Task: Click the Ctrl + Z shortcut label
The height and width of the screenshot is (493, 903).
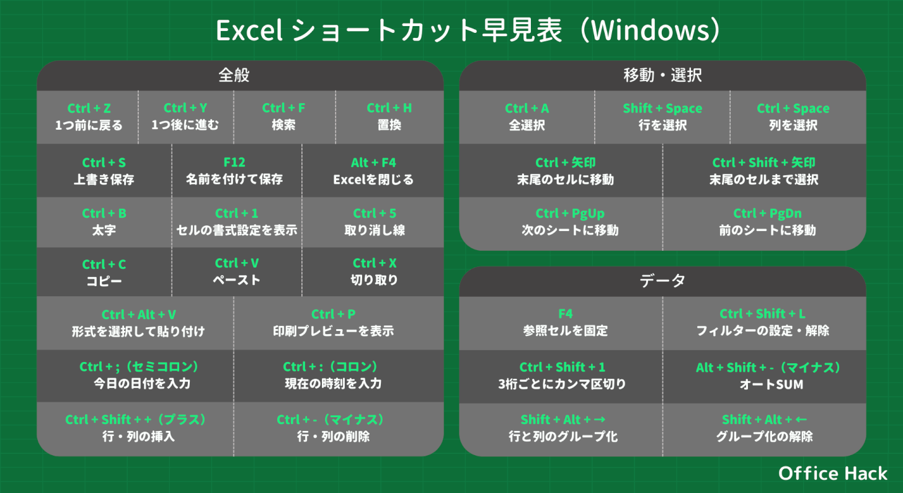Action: point(89,108)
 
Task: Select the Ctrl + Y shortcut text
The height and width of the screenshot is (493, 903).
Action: point(185,107)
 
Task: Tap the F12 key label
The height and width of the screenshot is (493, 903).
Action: point(234,162)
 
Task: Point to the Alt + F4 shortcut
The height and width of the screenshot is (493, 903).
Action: point(373,162)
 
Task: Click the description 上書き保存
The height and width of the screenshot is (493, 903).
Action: point(104,179)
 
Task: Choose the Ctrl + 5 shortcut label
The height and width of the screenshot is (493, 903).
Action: point(375,213)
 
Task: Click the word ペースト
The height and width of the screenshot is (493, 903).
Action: point(237,279)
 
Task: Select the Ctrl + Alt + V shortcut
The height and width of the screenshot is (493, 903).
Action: point(138,314)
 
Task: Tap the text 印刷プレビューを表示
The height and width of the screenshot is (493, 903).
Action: point(334,331)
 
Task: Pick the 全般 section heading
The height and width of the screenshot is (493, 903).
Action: point(234,75)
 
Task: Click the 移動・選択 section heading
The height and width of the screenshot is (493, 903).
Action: point(662,75)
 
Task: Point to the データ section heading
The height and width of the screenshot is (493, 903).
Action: point(662,281)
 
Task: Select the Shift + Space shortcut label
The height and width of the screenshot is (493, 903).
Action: point(662,108)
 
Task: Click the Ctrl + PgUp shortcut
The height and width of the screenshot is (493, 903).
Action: point(569,213)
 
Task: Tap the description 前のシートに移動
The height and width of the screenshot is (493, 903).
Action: point(767,230)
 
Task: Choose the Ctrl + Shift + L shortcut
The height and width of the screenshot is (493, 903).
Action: point(762,314)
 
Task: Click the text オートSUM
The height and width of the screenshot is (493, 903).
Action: point(771,384)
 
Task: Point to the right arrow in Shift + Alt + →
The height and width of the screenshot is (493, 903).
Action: point(600,420)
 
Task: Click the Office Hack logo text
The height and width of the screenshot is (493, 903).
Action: point(832,473)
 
